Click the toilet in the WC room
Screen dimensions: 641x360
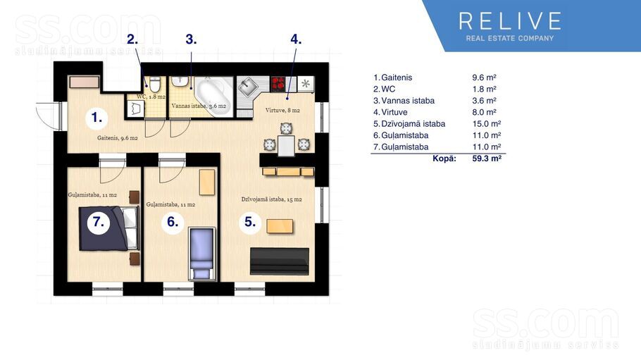154,84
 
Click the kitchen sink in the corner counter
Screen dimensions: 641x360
248,87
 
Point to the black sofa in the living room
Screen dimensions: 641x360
279,261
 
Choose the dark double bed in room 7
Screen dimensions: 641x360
108,228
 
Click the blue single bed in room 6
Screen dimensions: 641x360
202,254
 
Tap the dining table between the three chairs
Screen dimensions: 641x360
286,146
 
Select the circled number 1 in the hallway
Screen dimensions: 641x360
97,118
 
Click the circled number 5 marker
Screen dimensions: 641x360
250,222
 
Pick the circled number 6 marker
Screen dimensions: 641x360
173,222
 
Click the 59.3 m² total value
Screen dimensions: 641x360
487,159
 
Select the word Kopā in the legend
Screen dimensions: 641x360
444,159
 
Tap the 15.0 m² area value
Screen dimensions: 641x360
487,123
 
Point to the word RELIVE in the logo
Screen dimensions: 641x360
510,21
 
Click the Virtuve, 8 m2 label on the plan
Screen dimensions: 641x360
282,111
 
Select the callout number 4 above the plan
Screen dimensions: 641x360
296,39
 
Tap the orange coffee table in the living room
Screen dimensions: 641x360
280,226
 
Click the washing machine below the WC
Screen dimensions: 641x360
135,109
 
